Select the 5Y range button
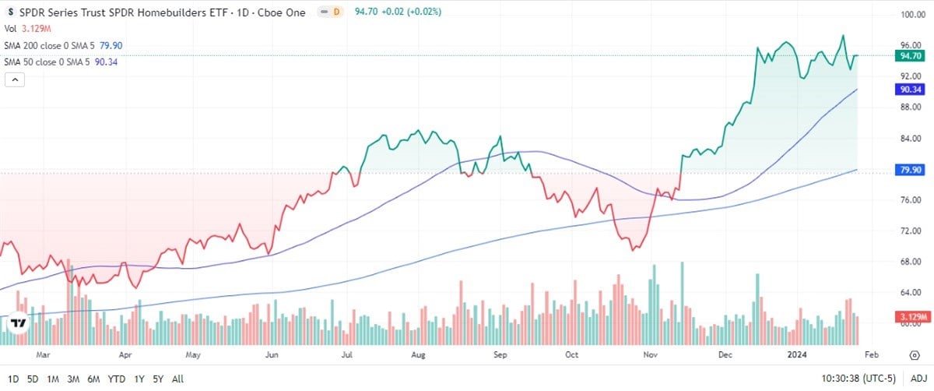(x=157, y=379)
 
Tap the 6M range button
(x=93, y=379)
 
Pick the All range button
(x=177, y=379)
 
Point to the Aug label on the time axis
(x=418, y=354)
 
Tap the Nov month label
(x=651, y=354)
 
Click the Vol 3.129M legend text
(x=27, y=30)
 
